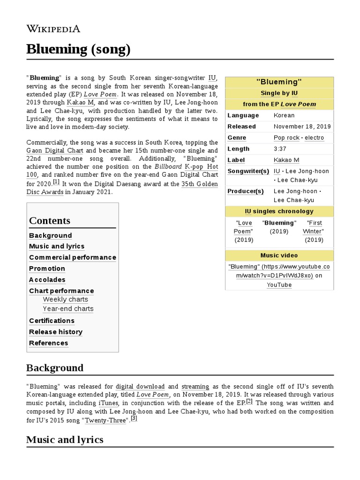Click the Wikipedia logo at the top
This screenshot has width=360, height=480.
[x=53, y=29]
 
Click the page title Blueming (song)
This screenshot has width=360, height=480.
[x=78, y=49]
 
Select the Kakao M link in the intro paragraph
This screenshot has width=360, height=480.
[x=81, y=102]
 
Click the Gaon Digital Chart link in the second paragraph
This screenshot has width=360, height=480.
[x=55, y=150]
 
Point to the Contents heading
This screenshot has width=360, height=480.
[x=50, y=220]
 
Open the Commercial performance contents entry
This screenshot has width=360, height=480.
[x=72, y=257]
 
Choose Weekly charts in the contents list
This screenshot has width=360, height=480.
[x=65, y=300]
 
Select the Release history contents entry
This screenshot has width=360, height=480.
[x=55, y=332]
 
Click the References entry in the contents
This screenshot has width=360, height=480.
[x=48, y=343]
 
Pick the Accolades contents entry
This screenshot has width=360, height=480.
[x=47, y=280]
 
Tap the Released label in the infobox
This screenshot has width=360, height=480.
[x=241, y=127]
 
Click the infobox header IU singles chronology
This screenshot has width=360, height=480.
[x=279, y=211]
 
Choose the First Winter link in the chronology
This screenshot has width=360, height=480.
[x=314, y=227]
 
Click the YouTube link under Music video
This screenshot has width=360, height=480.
[x=279, y=285]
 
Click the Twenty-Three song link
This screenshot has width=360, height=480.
[x=106, y=420]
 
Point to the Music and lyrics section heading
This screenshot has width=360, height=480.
[x=65, y=439]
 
